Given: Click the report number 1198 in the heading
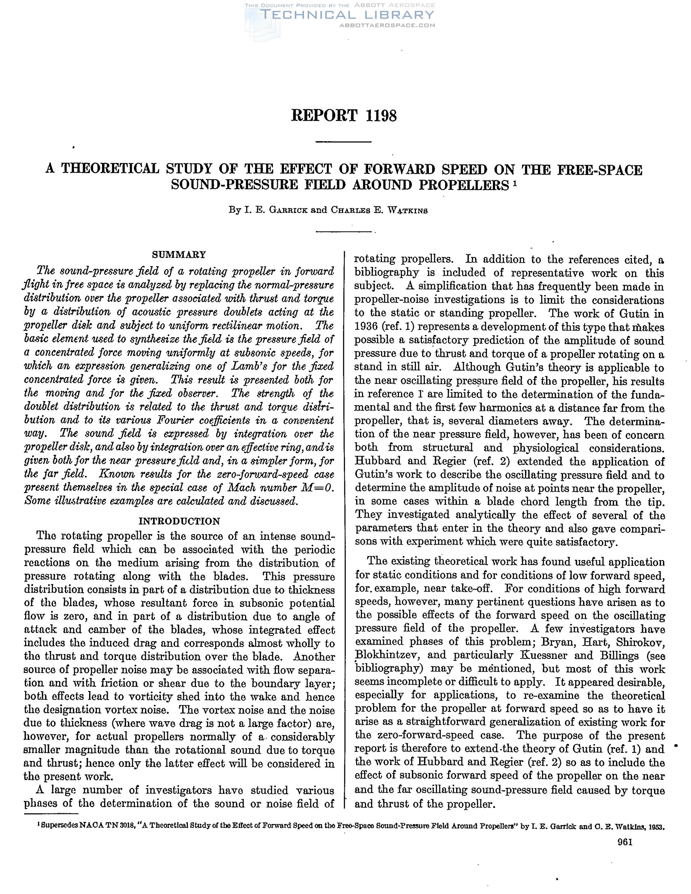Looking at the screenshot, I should tap(380, 116).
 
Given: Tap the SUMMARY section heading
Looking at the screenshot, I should tap(179, 254).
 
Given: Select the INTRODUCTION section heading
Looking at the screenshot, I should tap(179, 521).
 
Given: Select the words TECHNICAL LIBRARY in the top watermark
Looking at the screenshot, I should tap(348, 15).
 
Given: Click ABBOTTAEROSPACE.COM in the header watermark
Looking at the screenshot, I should tap(387, 25).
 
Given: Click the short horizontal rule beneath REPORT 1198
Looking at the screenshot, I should tap(343, 142).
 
